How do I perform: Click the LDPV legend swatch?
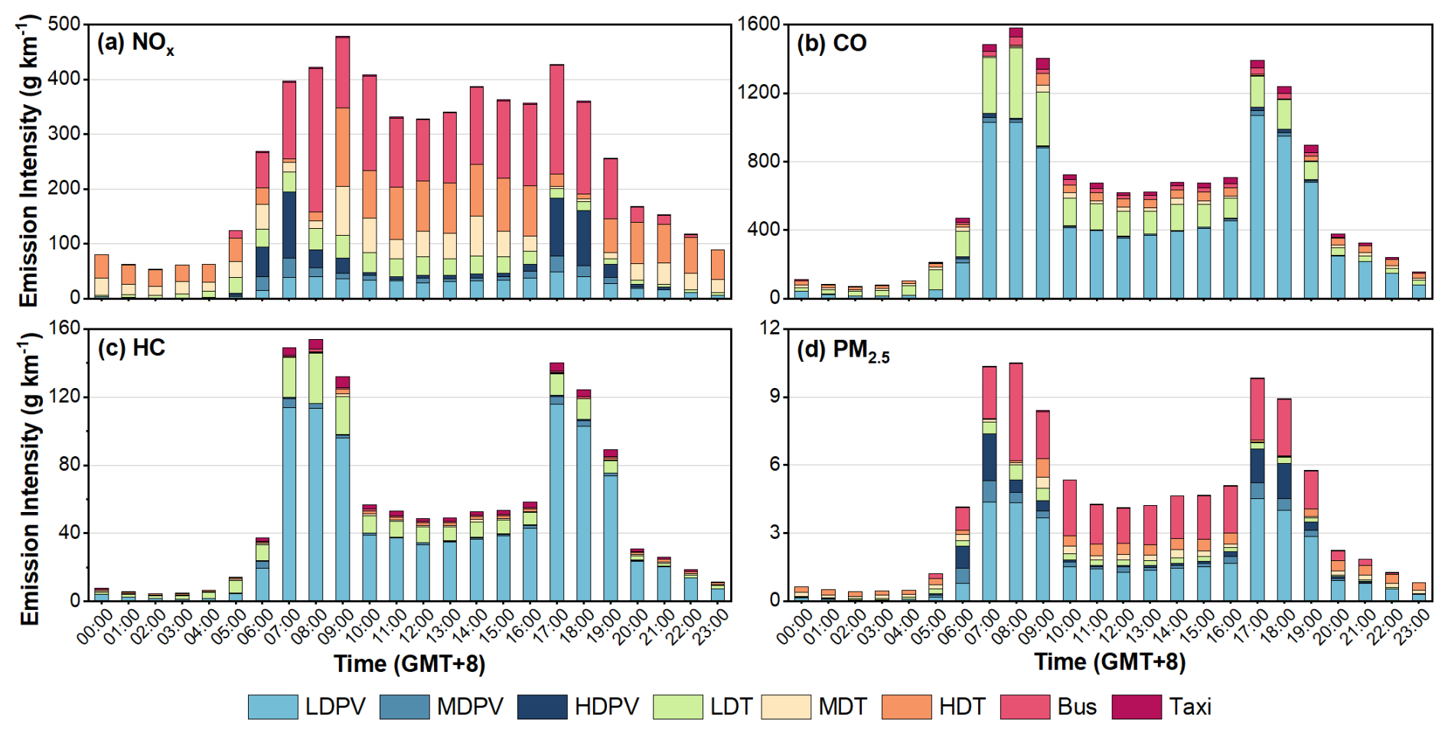[272, 706]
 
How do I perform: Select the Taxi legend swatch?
[1137, 706]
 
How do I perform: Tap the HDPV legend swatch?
[542, 706]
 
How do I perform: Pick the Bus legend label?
[1077, 706]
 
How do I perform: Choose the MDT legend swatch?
[785, 706]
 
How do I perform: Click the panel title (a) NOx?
[135, 44]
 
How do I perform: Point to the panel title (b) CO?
[831, 44]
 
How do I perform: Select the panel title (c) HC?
[131, 347]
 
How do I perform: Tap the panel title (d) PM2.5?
[843, 351]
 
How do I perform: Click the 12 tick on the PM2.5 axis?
[770, 328]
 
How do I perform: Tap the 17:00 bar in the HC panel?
[556, 482]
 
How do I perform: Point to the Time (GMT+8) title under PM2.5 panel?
[1110, 663]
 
